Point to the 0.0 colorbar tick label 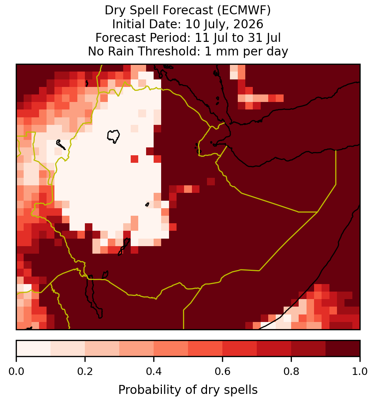tap(16, 371)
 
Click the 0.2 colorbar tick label tap(85, 371)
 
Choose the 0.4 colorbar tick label tap(154, 371)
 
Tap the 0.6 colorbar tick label tap(223, 371)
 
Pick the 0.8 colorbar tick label tap(291, 371)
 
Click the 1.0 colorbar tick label tap(360, 371)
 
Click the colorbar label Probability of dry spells tap(188, 390)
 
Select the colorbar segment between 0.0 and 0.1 tap(34, 348)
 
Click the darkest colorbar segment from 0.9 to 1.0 tap(343, 348)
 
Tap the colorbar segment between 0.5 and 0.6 tap(206, 348)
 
